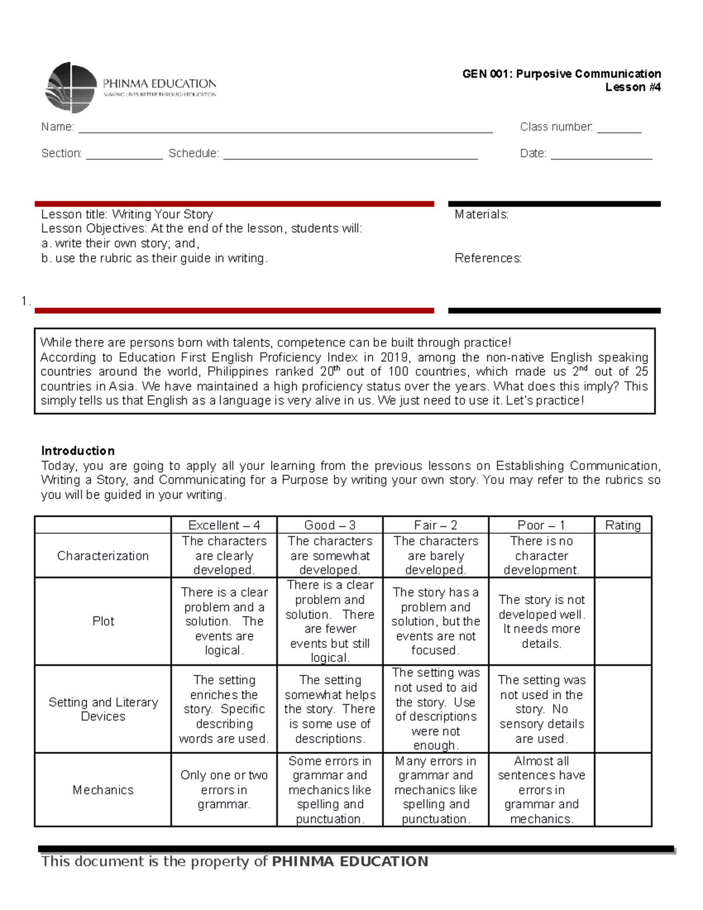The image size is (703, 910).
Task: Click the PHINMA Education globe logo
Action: click(71, 88)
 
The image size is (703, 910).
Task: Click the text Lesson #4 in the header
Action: click(633, 87)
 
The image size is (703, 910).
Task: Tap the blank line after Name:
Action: click(285, 129)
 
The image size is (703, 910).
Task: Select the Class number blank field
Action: click(619, 129)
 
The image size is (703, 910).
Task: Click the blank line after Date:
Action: click(601, 155)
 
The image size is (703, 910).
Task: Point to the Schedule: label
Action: click(193, 154)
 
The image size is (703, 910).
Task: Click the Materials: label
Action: click(481, 214)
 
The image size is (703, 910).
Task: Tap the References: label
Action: click(487, 258)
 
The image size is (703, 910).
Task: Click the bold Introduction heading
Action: click(78, 451)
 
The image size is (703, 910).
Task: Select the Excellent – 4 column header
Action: click(224, 525)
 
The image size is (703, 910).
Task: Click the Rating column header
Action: click(623, 525)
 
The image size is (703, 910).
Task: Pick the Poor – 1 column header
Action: click(541, 525)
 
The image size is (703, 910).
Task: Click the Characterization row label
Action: click(103, 555)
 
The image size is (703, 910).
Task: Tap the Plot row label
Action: click(103, 621)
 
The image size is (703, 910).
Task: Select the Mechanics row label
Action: click(103, 790)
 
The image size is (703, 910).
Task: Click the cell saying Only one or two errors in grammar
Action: click(224, 789)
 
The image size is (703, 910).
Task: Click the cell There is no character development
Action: click(541, 555)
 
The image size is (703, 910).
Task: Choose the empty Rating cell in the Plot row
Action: click(623, 621)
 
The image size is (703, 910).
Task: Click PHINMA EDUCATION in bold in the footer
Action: click(350, 861)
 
